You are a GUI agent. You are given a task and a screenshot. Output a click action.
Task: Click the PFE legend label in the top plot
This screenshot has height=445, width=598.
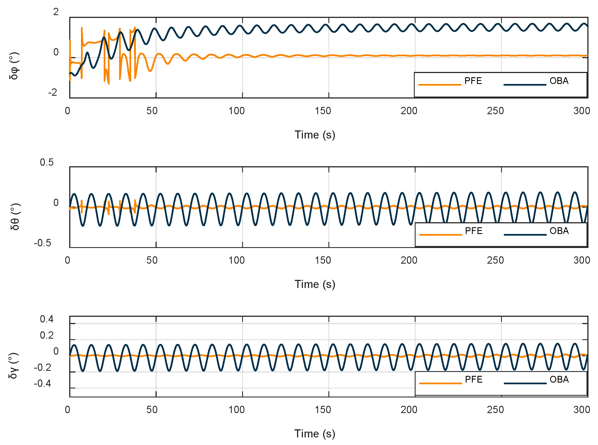point(473,81)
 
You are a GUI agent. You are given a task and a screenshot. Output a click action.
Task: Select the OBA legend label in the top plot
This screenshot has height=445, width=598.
point(559,81)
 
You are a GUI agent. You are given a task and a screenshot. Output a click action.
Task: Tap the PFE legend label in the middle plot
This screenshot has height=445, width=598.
point(474,231)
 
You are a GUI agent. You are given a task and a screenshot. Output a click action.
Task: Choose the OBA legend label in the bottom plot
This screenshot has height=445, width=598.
point(559,380)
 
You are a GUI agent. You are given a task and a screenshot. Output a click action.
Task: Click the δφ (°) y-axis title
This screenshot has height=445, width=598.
point(14,66)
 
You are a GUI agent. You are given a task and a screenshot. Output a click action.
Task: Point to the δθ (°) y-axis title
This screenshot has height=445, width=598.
point(15,216)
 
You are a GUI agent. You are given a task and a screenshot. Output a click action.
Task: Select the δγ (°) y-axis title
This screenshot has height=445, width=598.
point(14,366)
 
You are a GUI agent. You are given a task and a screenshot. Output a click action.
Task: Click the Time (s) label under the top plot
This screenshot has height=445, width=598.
point(315,135)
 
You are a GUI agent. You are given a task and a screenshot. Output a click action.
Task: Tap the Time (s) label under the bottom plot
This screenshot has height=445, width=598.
point(315,434)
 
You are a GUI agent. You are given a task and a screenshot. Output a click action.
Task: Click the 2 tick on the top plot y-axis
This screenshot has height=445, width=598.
point(56,12)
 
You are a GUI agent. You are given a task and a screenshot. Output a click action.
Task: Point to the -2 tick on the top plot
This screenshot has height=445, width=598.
point(53,92)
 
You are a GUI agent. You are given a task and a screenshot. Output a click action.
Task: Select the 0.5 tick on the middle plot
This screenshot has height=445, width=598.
point(47,162)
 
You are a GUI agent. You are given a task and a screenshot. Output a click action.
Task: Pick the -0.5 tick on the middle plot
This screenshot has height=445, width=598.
point(43,243)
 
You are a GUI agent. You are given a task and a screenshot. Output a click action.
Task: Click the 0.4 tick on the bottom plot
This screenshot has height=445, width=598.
point(47,319)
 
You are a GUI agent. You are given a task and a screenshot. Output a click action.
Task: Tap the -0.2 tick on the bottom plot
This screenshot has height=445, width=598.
point(43,367)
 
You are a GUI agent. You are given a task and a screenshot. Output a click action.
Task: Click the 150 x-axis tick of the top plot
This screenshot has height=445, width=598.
point(323,111)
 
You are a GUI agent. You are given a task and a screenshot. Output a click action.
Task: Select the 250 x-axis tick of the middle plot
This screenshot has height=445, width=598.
point(495,261)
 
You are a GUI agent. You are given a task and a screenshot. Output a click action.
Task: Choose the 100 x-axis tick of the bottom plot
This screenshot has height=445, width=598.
point(237,410)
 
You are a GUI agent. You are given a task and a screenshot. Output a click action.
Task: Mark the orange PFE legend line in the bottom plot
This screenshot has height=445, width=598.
point(440,383)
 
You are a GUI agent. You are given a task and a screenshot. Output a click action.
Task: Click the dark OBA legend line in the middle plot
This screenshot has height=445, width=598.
point(525,235)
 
